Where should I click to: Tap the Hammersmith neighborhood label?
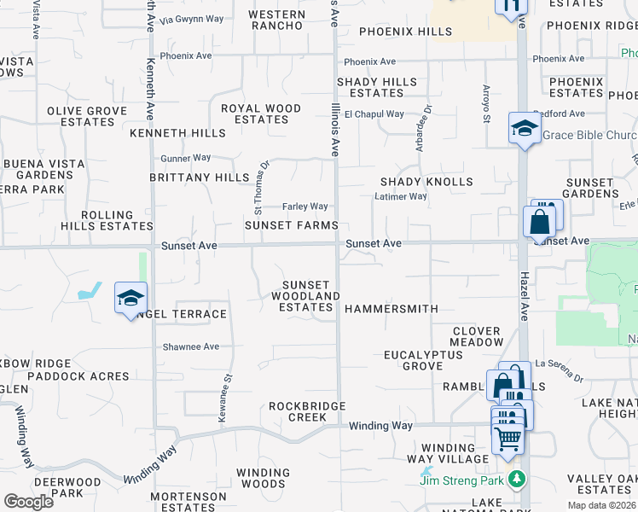tap(391, 309)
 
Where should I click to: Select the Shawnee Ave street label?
tap(192, 346)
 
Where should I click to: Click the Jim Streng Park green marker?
tap(515, 479)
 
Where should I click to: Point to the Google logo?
tap(28, 502)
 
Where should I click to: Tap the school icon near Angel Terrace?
tap(130, 298)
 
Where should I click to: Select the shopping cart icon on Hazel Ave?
tap(508, 438)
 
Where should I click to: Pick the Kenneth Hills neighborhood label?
tap(177, 133)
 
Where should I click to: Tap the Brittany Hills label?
tap(199, 177)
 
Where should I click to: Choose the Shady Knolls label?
tap(426, 182)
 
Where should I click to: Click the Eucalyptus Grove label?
tap(413, 360)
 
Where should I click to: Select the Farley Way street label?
tap(306, 207)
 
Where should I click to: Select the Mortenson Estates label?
tap(188, 501)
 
